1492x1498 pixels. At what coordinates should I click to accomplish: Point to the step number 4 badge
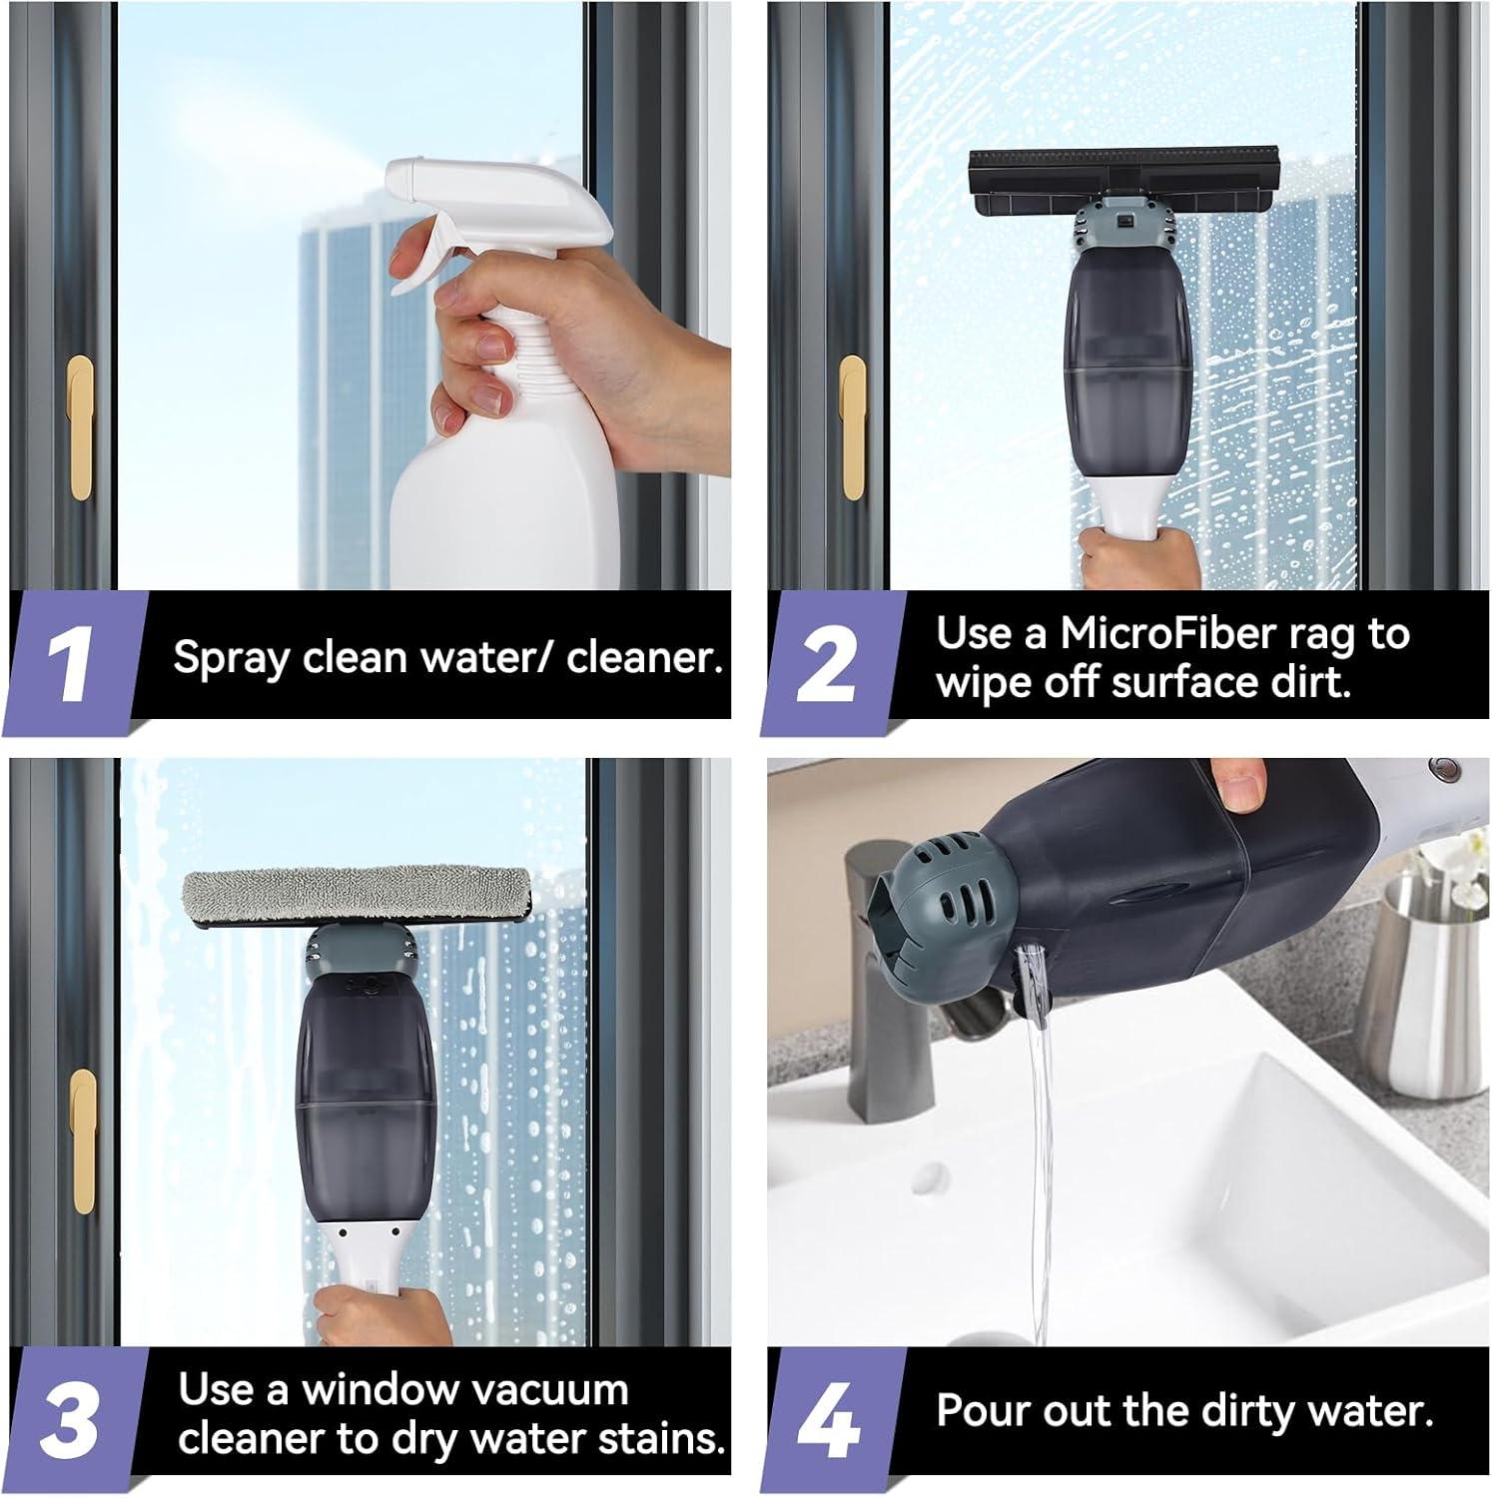click(828, 1419)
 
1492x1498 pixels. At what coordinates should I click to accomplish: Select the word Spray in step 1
click(232, 658)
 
